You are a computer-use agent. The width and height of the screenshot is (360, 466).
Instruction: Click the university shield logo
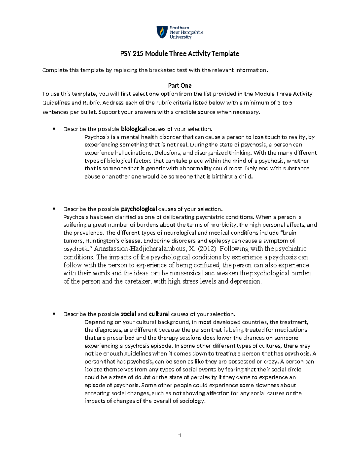click(162, 32)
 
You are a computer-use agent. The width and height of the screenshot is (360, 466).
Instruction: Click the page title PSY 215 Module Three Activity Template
click(180, 54)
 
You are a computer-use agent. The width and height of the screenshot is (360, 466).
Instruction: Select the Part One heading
click(180, 86)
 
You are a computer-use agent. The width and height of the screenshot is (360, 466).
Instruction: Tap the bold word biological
click(134, 129)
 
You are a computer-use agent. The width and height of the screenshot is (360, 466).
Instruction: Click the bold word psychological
click(139, 209)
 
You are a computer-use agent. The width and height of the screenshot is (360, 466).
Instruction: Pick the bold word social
click(128, 314)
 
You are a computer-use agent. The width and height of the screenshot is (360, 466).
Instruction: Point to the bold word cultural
click(159, 314)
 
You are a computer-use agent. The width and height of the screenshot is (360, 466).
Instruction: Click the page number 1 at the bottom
click(180, 435)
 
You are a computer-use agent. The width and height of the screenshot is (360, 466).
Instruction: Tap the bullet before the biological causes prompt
click(54, 129)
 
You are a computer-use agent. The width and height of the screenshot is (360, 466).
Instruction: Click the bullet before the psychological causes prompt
click(54, 209)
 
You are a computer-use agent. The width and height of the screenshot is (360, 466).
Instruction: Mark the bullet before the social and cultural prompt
click(54, 314)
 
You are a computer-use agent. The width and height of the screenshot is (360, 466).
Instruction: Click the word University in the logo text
click(181, 37)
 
